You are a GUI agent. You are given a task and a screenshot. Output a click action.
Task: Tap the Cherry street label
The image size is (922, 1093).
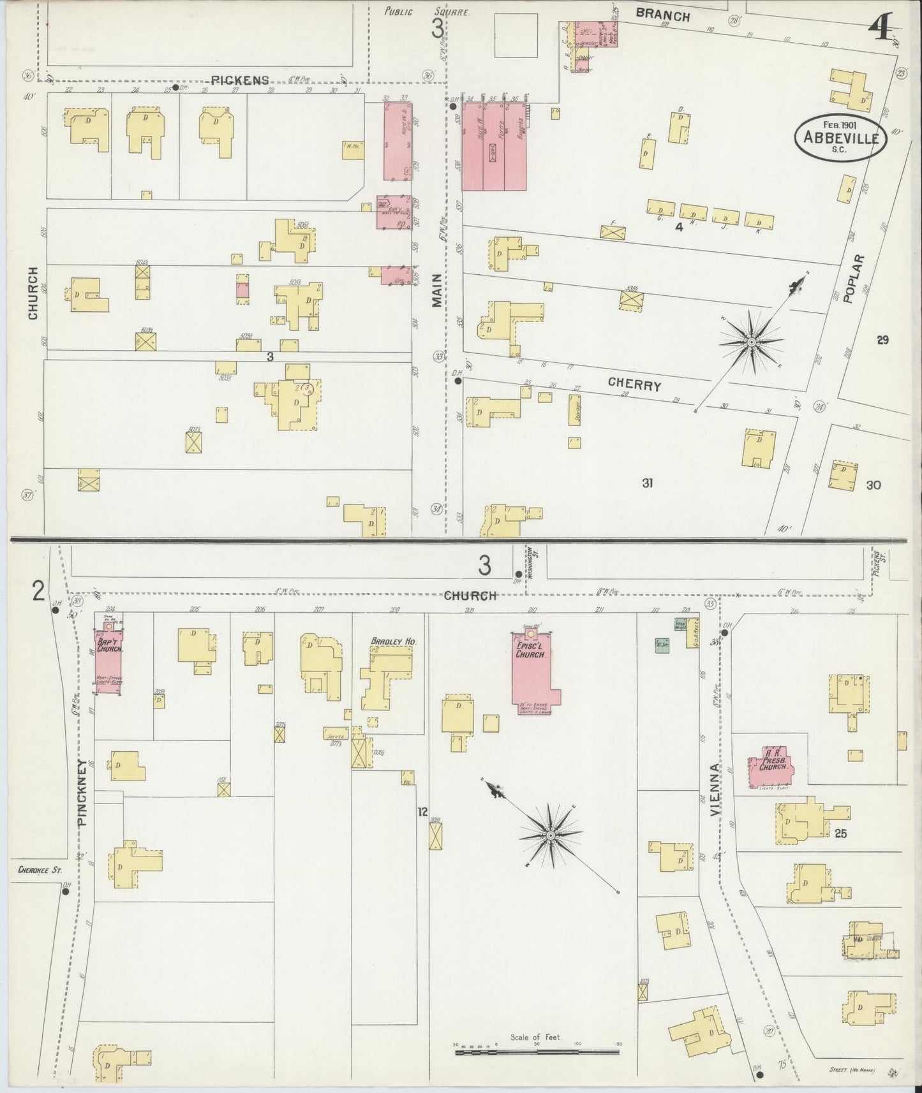pyautogui.click(x=634, y=385)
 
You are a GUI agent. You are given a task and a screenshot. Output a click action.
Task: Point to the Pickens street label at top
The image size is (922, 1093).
pyautogui.click(x=240, y=80)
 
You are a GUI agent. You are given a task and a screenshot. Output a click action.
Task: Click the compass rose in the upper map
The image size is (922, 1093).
pyautogui.click(x=752, y=342)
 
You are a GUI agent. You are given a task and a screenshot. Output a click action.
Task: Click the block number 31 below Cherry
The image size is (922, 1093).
pyautogui.click(x=647, y=483)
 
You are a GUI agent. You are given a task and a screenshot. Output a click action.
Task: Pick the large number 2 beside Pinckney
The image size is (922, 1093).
pyautogui.click(x=38, y=592)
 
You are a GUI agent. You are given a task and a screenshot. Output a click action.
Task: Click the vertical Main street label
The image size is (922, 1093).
pyautogui.click(x=436, y=291)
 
